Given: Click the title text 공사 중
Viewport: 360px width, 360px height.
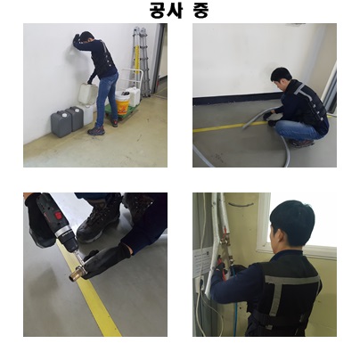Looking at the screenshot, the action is [179, 10].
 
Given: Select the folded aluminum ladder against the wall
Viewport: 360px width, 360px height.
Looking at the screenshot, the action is [141, 60].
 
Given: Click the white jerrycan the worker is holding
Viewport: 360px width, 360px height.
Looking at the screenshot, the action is [87, 94].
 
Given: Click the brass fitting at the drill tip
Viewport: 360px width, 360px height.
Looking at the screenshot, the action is [76, 274].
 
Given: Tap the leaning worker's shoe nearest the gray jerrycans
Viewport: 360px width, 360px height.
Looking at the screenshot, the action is [96, 131].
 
